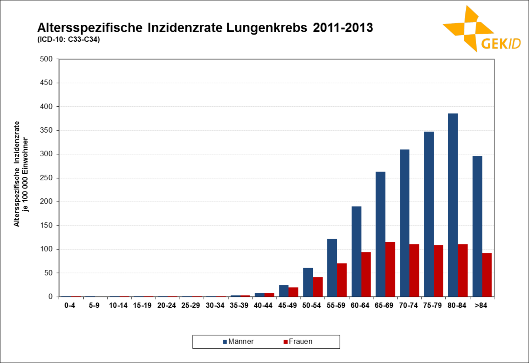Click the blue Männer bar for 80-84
pos(453,205)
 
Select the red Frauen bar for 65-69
pos(390,269)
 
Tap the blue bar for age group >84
pos(477,226)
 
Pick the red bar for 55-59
pos(342,280)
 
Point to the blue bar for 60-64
pos(356,252)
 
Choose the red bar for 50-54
pos(317,287)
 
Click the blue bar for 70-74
pos(404,223)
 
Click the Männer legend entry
pos(238,341)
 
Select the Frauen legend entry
pos(298,341)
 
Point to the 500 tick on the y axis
pos(46,59)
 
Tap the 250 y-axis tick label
pos(46,178)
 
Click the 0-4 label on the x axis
pos(70,305)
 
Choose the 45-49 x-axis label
pos(287,305)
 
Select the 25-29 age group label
pos(190,305)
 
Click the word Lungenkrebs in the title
pos(266,28)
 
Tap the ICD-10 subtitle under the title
pos(68,40)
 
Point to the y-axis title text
pos(21,174)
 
